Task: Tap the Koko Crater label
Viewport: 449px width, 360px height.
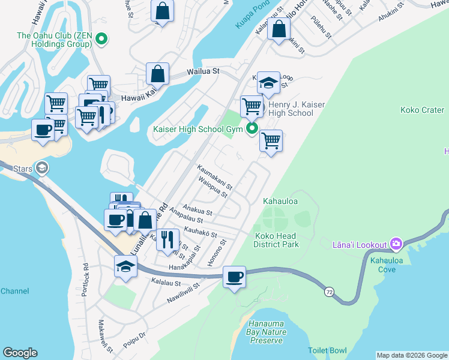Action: click(x=422, y=110)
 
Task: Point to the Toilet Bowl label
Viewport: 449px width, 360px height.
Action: click(x=327, y=350)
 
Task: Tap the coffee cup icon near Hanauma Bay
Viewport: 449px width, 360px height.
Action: click(x=234, y=277)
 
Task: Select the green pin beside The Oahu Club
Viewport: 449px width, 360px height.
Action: click(x=102, y=40)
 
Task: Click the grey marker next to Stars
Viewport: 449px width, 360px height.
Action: click(x=41, y=167)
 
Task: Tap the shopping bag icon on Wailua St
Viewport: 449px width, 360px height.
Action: click(x=157, y=74)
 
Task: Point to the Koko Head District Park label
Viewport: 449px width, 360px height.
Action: click(x=276, y=240)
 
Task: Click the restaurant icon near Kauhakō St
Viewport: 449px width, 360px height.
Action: click(x=167, y=239)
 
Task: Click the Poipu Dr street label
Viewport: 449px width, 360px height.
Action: click(x=134, y=335)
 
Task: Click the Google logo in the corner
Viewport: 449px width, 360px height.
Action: click(x=20, y=353)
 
